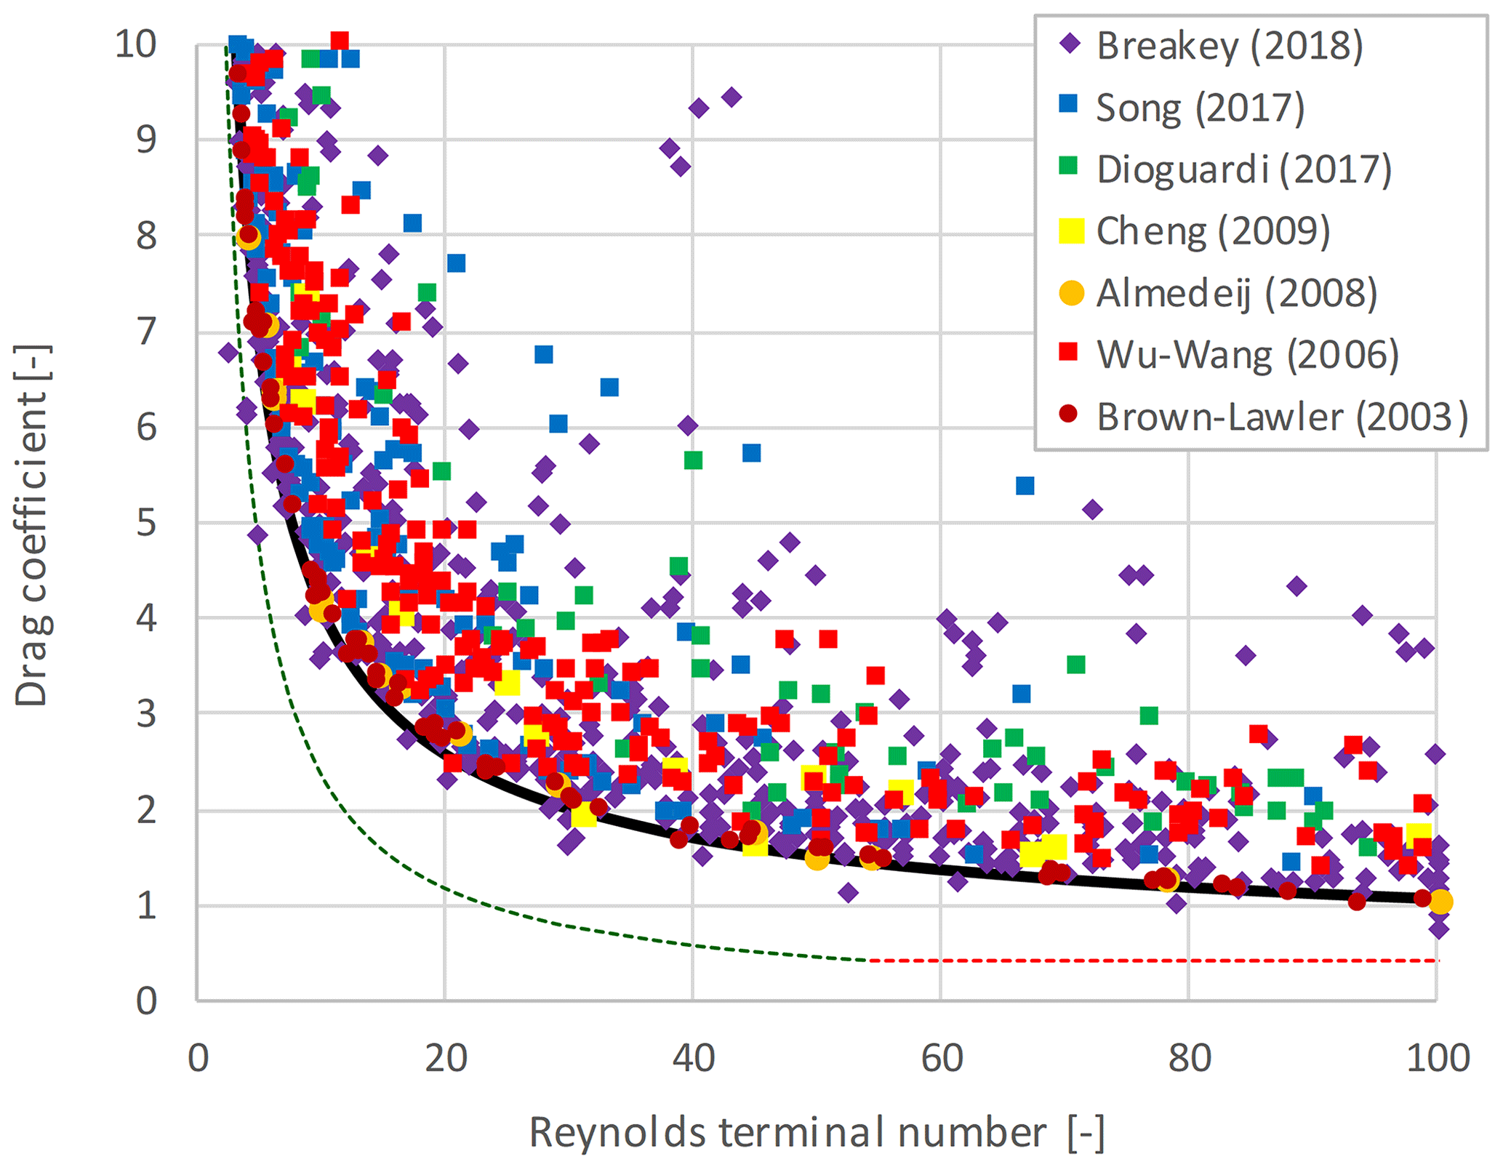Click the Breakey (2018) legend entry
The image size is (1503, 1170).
(x=1229, y=46)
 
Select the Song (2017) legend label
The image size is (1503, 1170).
(x=1200, y=108)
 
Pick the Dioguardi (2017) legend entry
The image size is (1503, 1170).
(x=1243, y=169)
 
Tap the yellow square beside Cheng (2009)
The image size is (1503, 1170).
(x=1071, y=231)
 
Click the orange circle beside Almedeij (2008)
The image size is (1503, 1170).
(x=1071, y=293)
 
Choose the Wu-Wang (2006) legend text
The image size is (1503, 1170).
(x=1248, y=355)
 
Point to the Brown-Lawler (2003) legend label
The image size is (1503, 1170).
(x=1282, y=417)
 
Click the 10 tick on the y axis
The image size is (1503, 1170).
(x=136, y=45)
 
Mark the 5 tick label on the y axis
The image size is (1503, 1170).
(x=147, y=523)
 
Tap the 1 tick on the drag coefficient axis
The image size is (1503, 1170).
(x=147, y=906)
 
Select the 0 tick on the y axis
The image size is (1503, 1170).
(x=147, y=1001)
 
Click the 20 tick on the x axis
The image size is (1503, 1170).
(x=446, y=1059)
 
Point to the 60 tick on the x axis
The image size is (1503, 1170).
(x=942, y=1059)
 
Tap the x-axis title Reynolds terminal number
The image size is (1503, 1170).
(x=816, y=1133)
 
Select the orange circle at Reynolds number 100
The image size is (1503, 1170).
(x=1440, y=902)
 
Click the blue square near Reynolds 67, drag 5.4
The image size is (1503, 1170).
(x=1025, y=485)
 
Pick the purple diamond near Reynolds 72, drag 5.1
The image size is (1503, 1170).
(x=1091, y=509)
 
